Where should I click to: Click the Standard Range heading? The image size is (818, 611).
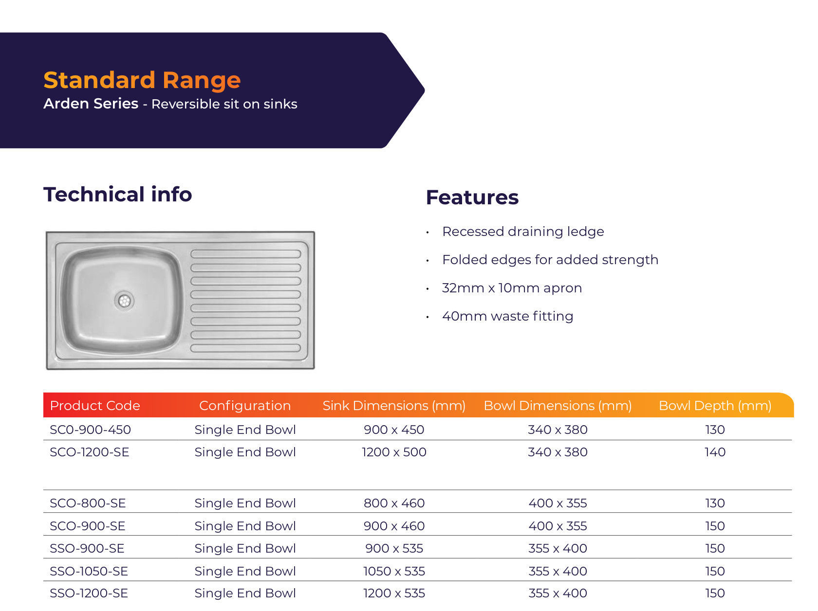pos(142,80)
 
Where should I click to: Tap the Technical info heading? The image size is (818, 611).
pos(117,195)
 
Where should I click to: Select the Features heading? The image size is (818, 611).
pos(472,198)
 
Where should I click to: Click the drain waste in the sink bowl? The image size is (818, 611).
pos(124,301)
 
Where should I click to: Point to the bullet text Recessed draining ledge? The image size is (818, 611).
pos(523,232)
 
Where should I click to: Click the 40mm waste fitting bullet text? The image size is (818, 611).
pos(507,316)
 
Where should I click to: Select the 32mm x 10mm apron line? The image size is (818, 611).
pos(512,288)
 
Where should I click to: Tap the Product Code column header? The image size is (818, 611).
pos(95,406)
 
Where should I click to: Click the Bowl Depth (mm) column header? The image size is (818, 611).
pos(715,406)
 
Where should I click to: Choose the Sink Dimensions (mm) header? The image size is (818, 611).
pos(394,406)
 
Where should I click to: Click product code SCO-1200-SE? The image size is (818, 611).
pos(90,452)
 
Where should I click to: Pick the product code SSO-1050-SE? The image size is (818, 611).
pos(89,571)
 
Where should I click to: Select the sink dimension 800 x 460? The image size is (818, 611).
pos(394,503)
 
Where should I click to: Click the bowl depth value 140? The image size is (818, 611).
pos(715,452)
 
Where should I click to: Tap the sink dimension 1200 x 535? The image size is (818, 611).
pos(394,593)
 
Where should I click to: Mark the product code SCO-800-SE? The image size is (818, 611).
pos(88,503)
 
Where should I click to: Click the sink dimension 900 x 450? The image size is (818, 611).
pos(394,430)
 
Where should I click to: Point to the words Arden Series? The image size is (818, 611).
pos(91,104)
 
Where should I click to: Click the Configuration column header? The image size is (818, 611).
pos(245,406)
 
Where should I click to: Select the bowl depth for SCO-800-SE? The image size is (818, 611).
pos(715,503)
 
